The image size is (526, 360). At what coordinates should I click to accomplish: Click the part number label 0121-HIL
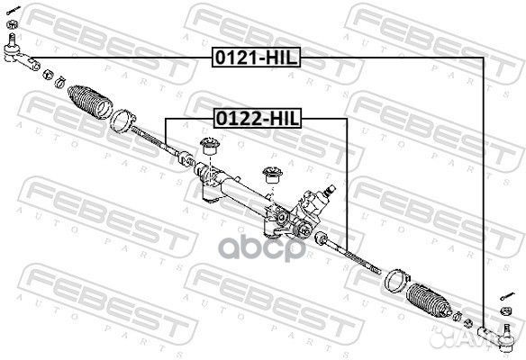(256, 58)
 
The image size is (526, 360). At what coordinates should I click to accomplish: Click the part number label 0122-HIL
(258, 118)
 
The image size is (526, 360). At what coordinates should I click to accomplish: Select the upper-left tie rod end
(20, 55)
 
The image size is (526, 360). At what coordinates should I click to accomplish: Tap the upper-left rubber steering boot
(90, 102)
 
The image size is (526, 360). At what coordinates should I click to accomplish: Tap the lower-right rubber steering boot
(429, 301)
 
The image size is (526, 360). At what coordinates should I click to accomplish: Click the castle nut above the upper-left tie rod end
(12, 24)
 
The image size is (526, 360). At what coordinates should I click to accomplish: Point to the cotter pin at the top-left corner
(14, 10)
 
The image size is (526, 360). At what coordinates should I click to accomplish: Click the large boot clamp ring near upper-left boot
(122, 121)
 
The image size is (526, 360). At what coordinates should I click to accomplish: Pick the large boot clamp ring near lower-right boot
(397, 280)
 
